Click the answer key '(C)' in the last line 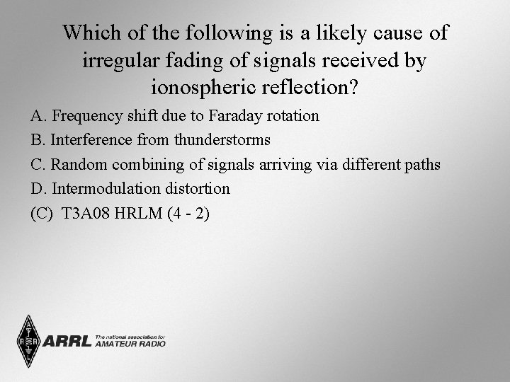[42, 214]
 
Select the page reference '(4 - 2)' [188, 214]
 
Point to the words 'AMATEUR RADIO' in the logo [130, 344]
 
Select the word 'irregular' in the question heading [114, 61]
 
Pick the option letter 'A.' [38, 115]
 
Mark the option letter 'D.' [38, 189]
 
